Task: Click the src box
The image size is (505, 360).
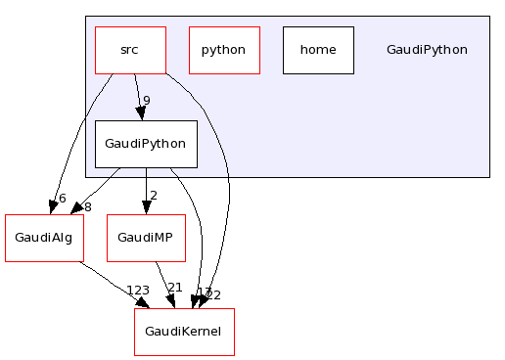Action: click(x=130, y=50)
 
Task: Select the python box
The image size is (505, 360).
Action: click(x=224, y=50)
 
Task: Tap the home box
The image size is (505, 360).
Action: click(x=318, y=50)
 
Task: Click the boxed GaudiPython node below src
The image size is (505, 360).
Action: click(x=146, y=144)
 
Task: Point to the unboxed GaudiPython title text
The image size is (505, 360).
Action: click(x=427, y=50)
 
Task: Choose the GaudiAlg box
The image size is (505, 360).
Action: click(x=42, y=238)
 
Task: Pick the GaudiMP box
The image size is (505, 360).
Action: click(x=146, y=238)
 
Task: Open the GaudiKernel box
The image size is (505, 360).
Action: click(x=184, y=332)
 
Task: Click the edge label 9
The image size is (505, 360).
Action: click(x=147, y=101)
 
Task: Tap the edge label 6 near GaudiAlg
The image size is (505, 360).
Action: click(x=63, y=199)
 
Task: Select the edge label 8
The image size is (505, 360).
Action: click(x=87, y=206)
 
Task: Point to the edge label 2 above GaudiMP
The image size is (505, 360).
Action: click(x=154, y=195)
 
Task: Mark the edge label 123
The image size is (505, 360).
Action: click(x=138, y=291)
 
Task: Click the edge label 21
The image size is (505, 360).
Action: click(x=175, y=288)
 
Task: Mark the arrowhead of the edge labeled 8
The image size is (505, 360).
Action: click(x=75, y=209)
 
